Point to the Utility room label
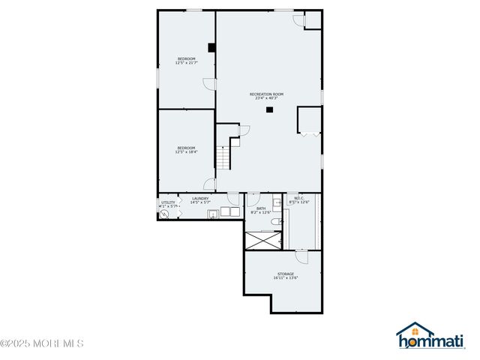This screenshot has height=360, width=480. [x=168, y=202]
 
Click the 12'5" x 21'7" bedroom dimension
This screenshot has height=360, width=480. [x=186, y=62]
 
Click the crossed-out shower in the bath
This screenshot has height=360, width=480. [x=264, y=240]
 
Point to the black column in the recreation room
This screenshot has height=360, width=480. [x=269, y=110]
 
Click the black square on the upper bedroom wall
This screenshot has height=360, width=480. [x=212, y=47]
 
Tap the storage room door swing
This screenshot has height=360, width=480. [x=301, y=256]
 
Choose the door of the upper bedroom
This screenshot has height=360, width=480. [x=210, y=84]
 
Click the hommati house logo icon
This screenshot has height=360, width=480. [x=415, y=331]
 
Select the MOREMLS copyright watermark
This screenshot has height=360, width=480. [x=42, y=343]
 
